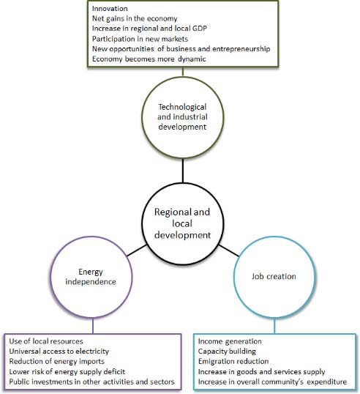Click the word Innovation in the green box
click(110, 9)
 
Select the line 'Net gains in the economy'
click(135, 18)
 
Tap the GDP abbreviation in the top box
click(199, 28)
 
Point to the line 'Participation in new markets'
click(140, 39)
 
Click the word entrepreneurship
click(241, 49)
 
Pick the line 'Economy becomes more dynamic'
click(149, 59)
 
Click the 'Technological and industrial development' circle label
click(182, 117)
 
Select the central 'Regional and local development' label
click(182, 223)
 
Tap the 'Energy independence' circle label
click(91, 277)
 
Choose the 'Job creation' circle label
click(274, 276)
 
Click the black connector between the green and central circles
click(182, 171)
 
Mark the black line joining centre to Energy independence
click(137, 250)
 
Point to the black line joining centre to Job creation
click(229, 250)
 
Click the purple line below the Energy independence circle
click(93, 326)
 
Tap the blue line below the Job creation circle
click(274, 326)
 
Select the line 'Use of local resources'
click(46, 341)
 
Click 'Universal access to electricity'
click(59, 352)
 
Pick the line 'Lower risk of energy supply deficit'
click(67, 371)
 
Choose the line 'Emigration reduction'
click(233, 361)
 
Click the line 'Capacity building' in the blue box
click(227, 352)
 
